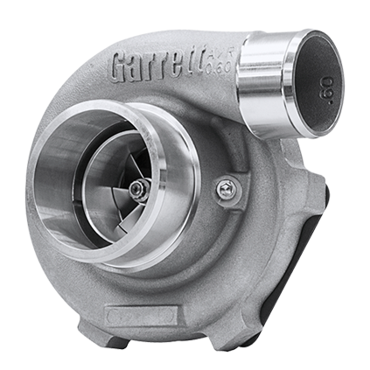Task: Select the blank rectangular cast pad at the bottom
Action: point(140,313)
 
